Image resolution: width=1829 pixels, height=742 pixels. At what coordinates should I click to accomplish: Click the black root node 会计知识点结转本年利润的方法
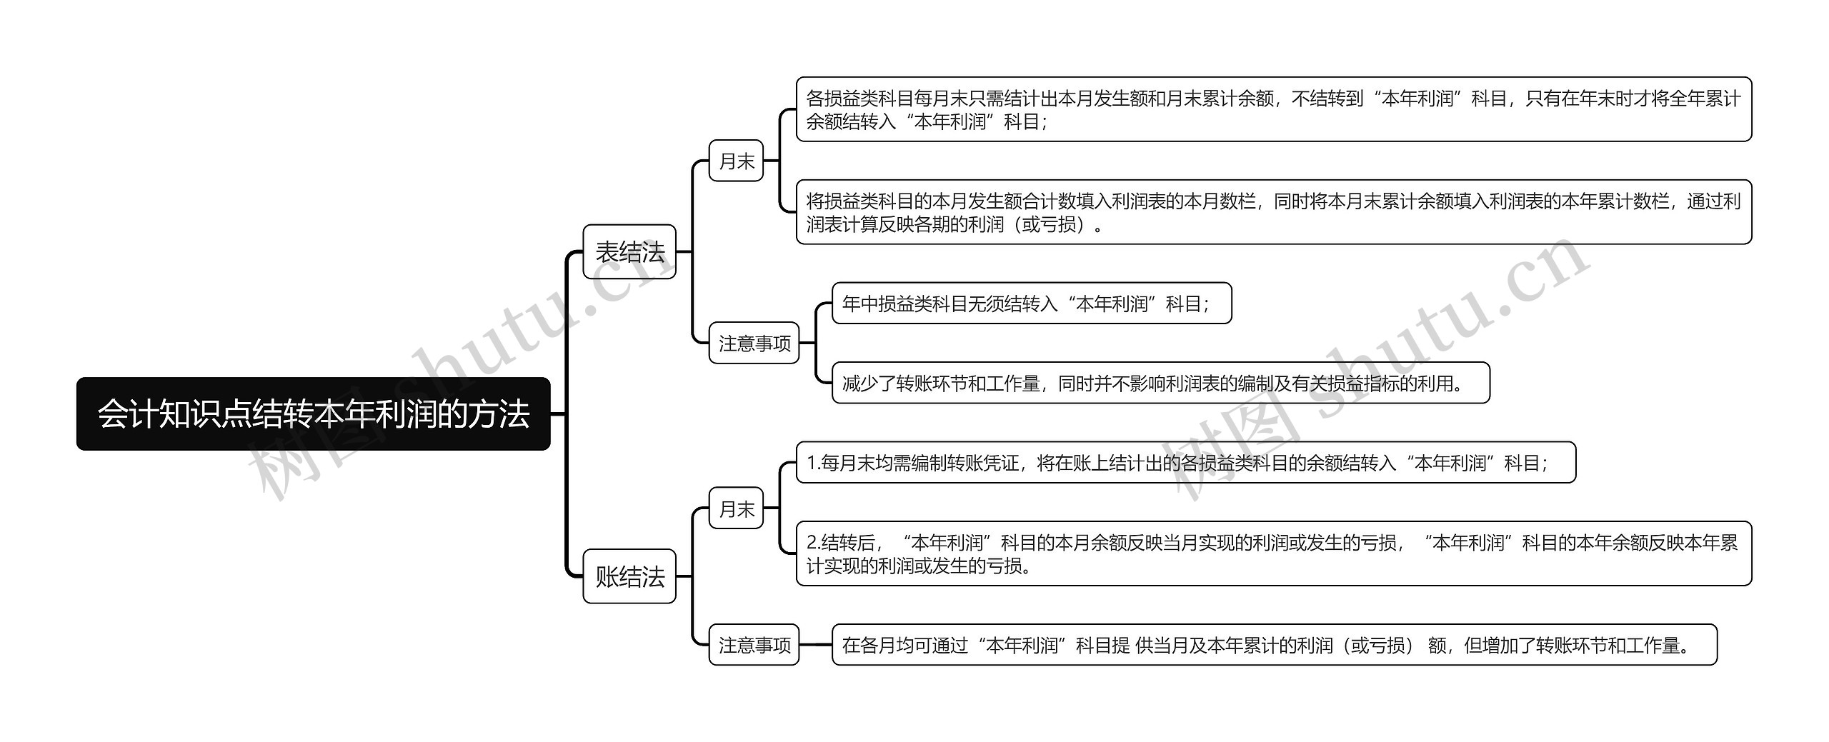pos(313,413)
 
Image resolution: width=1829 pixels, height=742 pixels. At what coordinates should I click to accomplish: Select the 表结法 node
pos(629,251)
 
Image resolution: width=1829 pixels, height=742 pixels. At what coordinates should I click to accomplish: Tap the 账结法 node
pos(629,576)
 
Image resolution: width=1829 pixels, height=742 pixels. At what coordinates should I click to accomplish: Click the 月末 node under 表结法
pos(736,161)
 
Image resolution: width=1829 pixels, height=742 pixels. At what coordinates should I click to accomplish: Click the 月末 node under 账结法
pos(736,508)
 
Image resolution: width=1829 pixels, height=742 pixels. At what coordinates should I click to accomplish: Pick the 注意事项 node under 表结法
pos(754,344)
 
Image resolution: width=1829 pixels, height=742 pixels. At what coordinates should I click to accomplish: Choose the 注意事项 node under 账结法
pos(754,645)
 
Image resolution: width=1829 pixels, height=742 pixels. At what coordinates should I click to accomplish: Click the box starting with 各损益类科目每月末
pos(1273,109)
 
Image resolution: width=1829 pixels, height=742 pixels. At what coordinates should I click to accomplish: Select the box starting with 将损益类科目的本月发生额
pos(1273,212)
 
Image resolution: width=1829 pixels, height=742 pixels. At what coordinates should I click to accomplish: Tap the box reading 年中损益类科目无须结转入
pos(1031,304)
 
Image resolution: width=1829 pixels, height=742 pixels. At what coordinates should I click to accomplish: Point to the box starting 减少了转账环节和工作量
pos(1160,383)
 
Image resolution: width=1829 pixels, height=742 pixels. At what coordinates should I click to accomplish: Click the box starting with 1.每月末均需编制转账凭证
pos(1185,463)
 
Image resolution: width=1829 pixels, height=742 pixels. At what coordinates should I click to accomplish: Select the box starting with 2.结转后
pos(1273,553)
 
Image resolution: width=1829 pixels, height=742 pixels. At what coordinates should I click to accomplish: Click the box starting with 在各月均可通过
pos(1273,645)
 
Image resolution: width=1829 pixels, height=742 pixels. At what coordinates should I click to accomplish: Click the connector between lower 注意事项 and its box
pos(815,645)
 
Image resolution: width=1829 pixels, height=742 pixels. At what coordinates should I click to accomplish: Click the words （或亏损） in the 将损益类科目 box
pos(1049,224)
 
